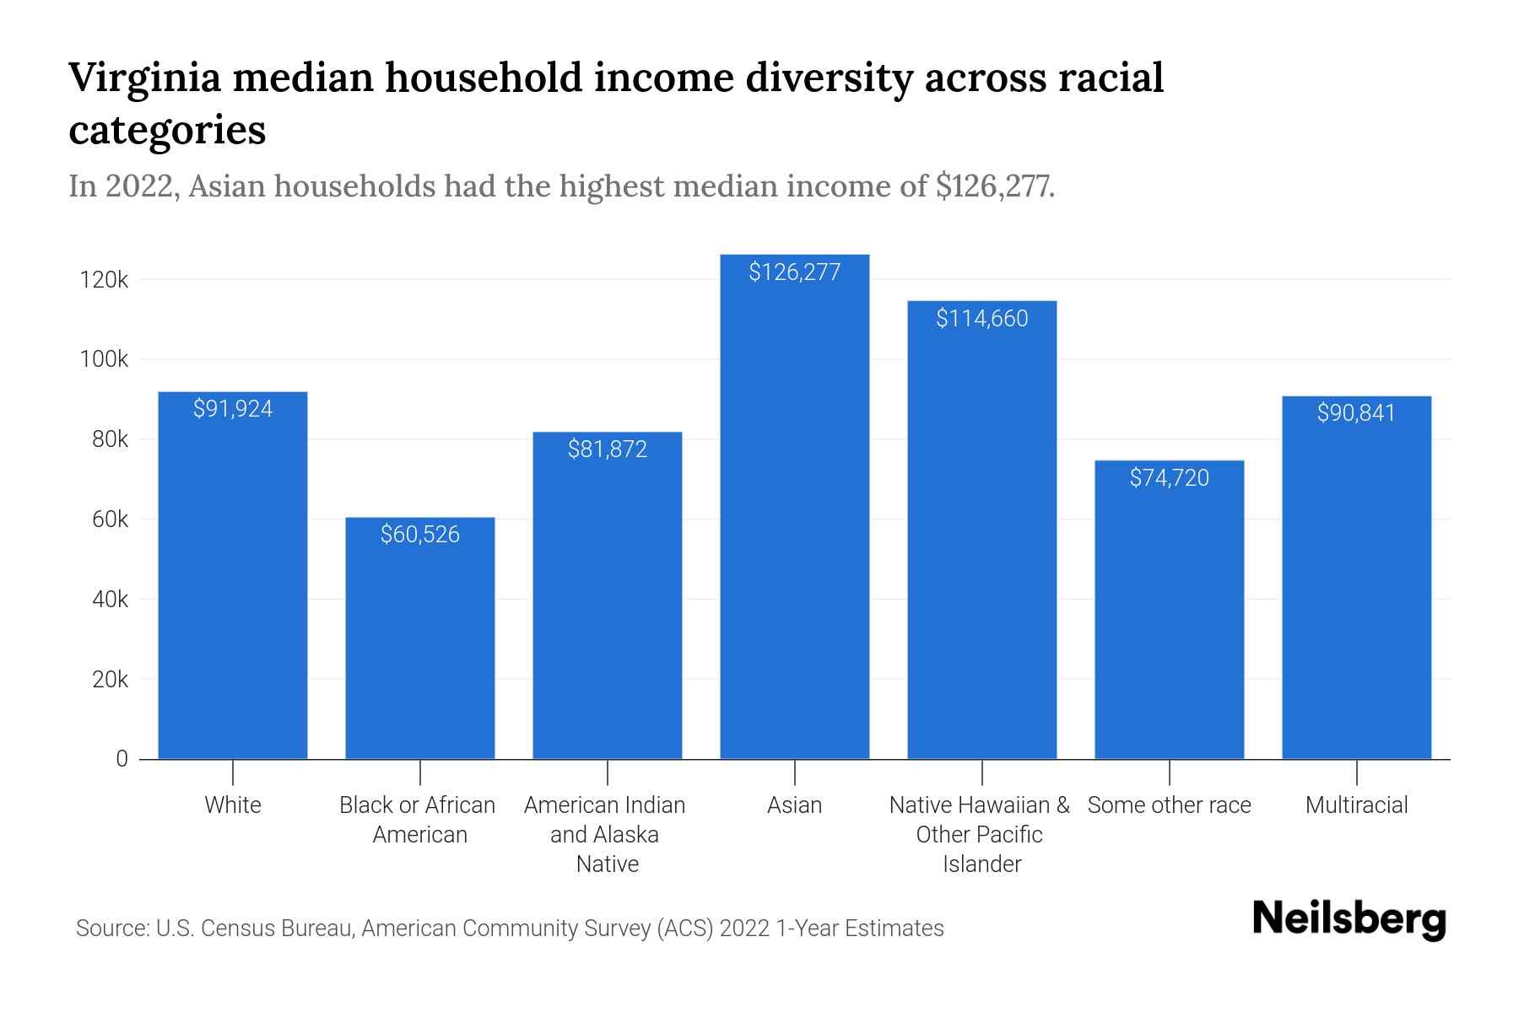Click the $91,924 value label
coord(233,409)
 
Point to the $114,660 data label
coord(981,319)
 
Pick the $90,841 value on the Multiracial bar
coord(1356,413)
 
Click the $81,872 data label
coord(607,449)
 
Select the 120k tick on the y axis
coord(104,280)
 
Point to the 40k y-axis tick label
coord(110,600)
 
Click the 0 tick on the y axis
coord(122,759)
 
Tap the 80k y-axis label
coord(110,439)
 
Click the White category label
coord(233,805)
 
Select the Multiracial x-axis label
coord(1356,805)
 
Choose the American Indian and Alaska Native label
coord(606,834)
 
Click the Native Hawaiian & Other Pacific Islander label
coord(980,834)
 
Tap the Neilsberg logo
coord(1349,919)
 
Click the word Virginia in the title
coord(144,78)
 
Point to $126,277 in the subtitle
coord(995,186)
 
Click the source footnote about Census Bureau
coord(510,929)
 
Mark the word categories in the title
coord(167,131)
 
